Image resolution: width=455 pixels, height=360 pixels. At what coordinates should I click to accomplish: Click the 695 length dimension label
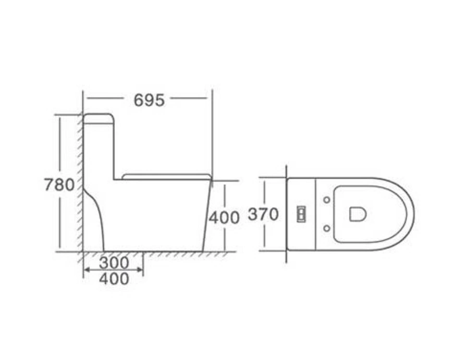tap(149, 100)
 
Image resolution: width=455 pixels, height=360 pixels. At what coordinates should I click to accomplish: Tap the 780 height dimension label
tap(59, 185)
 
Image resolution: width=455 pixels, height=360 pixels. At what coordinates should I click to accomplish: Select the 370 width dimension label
tap(263, 215)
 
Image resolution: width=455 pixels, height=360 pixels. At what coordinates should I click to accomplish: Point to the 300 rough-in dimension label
tap(113, 263)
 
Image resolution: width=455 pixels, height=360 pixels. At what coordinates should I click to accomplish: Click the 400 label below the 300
tap(113, 279)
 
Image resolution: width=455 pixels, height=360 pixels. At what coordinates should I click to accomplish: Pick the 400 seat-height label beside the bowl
tap(224, 218)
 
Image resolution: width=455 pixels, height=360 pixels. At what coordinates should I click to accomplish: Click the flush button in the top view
tap(301, 214)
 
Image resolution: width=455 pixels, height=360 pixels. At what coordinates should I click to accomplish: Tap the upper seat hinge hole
tap(327, 200)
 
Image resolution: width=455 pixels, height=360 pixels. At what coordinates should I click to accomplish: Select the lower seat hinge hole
tap(327, 228)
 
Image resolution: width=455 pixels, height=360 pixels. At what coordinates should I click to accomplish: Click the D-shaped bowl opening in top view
tap(357, 214)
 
